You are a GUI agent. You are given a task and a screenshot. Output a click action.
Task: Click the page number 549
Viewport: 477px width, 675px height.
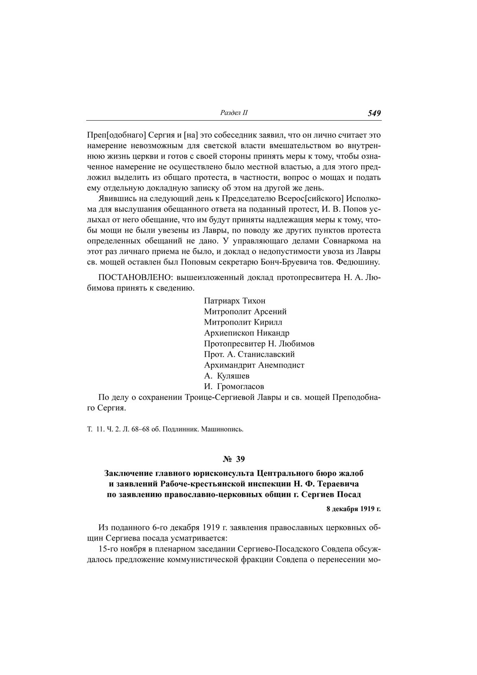[374, 113]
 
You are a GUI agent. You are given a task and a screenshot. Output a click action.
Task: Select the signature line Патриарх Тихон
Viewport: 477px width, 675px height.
[235, 301]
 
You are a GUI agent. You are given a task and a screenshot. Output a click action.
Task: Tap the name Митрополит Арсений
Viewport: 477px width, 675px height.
[245, 312]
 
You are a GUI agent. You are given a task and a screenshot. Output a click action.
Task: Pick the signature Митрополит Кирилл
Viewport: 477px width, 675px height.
[243, 322]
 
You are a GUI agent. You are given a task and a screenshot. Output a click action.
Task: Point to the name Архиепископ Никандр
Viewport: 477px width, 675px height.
[247, 333]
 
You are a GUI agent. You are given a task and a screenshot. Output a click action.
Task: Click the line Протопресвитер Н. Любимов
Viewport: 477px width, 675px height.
[259, 344]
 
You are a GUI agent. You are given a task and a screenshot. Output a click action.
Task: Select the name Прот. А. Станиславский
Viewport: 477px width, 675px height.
[249, 355]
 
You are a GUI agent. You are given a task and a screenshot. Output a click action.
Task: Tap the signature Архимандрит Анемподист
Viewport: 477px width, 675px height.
[254, 365]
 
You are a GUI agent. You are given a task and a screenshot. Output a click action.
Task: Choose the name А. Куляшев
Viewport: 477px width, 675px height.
[227, 376]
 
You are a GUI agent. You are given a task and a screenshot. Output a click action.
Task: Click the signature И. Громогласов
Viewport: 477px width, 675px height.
[234, 387]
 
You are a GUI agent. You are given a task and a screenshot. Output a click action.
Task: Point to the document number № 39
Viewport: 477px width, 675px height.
[234, 459]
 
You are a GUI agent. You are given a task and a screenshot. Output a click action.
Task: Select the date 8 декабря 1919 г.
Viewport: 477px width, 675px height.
[354, 509]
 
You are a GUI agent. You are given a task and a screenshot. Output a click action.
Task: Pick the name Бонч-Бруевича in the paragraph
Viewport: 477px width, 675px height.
[307, 263]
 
